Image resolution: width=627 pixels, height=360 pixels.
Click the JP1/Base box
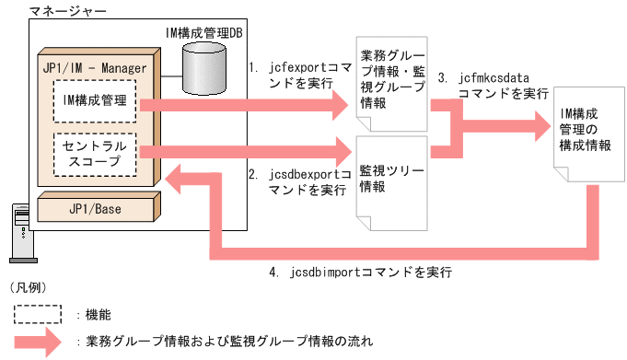(92, 208)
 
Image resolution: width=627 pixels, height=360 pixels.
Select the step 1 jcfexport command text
(300, 76)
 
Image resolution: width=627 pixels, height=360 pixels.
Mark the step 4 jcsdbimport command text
(361, 273)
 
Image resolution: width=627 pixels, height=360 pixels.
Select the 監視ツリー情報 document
(391, 180)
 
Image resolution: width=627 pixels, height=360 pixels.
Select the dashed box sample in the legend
(38, 314)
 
